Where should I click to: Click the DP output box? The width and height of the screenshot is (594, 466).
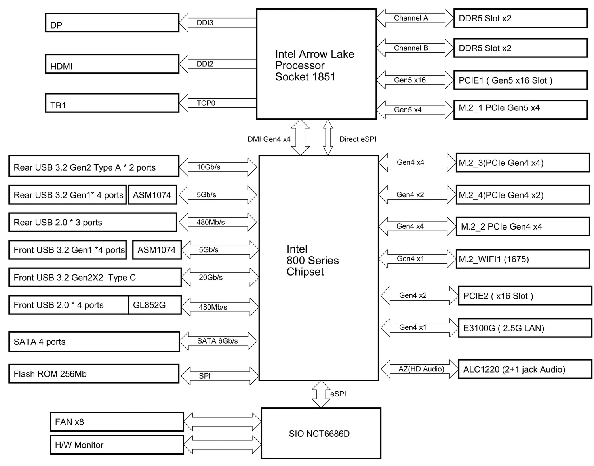click(112, 23)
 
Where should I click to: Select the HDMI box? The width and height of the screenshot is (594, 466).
click(112, 64)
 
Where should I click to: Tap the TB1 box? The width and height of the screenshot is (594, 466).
click(112, 103)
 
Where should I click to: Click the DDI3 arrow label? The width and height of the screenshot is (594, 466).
click(205, 23)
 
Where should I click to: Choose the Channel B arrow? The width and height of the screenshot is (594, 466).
click(415, 48)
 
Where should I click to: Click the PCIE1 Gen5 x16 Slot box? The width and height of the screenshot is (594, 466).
click(520, 80)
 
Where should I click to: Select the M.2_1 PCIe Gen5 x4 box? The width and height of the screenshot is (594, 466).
click(520, 109)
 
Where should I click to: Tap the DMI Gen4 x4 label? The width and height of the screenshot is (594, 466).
click(269, 139)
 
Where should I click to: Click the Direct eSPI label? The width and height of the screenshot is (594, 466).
click(358, 139)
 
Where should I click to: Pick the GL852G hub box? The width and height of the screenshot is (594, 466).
click(154, 305)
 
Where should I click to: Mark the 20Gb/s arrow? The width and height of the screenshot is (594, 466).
click(220, 277)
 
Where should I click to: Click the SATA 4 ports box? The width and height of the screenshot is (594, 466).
click(94, 342)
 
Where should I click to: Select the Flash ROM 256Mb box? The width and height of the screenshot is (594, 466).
click(94, 374)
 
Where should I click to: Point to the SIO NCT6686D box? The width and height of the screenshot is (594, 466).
click(321, 433)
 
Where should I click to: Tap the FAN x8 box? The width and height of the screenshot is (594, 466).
click(117, 422)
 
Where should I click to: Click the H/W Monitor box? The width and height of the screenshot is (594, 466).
click(117, 445)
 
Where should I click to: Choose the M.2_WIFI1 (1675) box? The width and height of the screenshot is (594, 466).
click(522, 259)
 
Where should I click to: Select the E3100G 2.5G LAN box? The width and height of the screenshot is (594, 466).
click(525, 328)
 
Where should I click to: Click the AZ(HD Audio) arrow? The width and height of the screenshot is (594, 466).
click(419, 369)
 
